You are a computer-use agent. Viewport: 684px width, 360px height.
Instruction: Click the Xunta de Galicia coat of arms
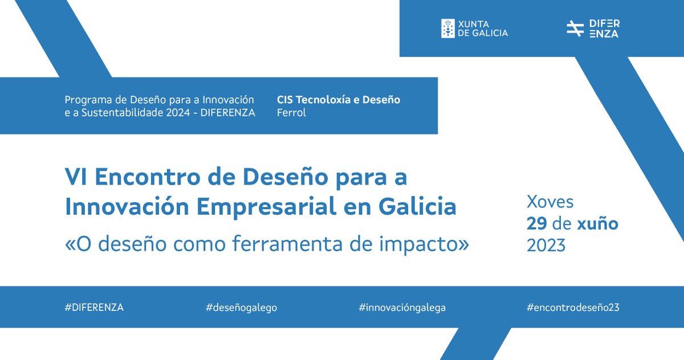[447, 28]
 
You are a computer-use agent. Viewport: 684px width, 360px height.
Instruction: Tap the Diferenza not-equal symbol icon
[575, 28]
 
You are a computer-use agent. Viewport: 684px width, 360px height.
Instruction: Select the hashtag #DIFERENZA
[94, 308]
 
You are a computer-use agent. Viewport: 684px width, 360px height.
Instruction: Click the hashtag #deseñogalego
[241, 308]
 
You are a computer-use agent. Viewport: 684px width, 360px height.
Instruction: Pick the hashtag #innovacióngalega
[402, 308]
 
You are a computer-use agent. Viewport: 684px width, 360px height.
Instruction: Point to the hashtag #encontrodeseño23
[573, 308]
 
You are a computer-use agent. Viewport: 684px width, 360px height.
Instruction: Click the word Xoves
[550, 202]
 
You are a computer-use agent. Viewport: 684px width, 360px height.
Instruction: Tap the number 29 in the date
[537, 224]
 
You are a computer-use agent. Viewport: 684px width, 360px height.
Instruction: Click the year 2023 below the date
[546, 246]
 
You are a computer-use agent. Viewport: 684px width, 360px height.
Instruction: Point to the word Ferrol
[291, 113]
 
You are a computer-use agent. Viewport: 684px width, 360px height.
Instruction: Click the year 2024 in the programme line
[172, 113]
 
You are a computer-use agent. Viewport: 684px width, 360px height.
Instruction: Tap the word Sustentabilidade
[117, 113]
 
